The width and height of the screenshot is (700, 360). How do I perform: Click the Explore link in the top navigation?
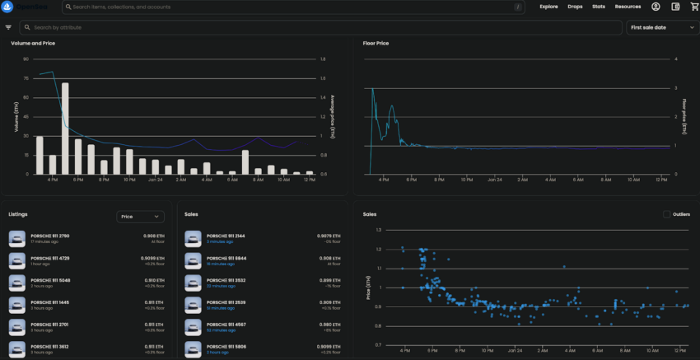pyautogui.click(x=548, y=7)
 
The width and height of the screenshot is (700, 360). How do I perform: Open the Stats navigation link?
pyautogui.click(x=598, y=7)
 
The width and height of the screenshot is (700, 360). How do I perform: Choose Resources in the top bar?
pyautogui.click(x=628, y=7)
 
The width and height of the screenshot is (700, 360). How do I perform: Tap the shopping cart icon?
pyautogui.click(x=693, y=7)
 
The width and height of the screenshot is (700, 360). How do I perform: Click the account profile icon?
pyautogui.click(x=656, y=7)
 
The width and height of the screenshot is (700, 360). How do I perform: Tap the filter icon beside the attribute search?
pyautogui.click(x=8, y=27)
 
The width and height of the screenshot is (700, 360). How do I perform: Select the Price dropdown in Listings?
pyautogui.click(x=140, y=217)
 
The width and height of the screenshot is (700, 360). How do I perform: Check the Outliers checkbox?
pyautogui.click(x=667, y=214)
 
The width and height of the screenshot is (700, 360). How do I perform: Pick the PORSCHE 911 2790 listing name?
pyautogui.click(x=50, y=236)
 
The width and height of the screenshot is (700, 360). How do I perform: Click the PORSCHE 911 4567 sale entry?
pyautogui.click(x=225, y=325)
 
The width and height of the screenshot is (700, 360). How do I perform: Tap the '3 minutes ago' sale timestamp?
pyautogui.click(x=218, y=241)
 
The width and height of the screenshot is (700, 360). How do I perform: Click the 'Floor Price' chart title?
pyautogui.click(x=376, y=42)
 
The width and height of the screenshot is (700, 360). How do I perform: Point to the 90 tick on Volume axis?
pyautogui.click(x=26, y=59)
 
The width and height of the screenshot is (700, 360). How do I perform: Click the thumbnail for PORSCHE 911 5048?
pyautogui.click(x=17, y=283)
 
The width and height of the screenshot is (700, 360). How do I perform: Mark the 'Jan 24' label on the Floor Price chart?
pyautogui.click(x=494, y=179)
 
